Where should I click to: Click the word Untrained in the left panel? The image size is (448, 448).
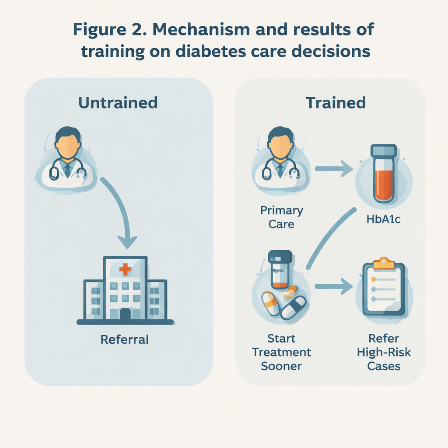pyautogui.click(x=118, y=102)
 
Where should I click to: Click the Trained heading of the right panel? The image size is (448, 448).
pyautogui.click(x=336, y=102)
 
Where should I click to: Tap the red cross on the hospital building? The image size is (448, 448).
pyautogui.click(x=125, y=269)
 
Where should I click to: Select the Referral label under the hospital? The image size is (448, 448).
pyautogui.click(x=125, y=339)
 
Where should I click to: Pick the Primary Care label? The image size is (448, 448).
pyautogui.click(x=281, y=217)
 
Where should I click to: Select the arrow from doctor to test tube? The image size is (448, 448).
pyautogui.click(x=334, y=168)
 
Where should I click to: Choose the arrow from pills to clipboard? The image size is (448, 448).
pyautogui.click(x=334, y=287)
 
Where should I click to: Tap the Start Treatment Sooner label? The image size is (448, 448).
pyautogui.click(x=281, y=352)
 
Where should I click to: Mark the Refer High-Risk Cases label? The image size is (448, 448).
pyautogui.click(x=384, y=352)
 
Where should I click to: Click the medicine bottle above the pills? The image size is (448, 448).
pyautogui.click(x=280, y=269)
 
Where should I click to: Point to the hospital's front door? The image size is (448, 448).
pyautogui.click(x=125, y=314)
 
